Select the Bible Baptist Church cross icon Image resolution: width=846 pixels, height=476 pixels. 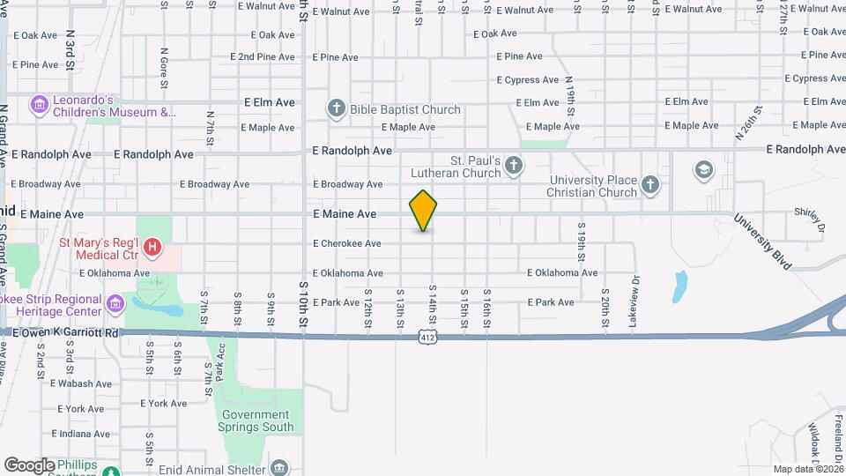336,109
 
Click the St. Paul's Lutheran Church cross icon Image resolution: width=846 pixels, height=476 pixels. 514,165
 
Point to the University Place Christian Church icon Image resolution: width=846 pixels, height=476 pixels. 650,183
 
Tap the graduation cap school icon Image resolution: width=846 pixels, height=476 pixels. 703,169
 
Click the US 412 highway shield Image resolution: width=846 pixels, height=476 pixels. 427,338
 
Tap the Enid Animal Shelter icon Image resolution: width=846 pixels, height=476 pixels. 279,466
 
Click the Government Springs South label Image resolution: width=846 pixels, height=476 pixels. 256,420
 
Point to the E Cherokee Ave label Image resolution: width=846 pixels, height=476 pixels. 347,243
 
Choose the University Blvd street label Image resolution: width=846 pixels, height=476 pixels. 764,241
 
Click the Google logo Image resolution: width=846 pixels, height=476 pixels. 29,465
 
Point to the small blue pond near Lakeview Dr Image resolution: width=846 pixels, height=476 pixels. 680,285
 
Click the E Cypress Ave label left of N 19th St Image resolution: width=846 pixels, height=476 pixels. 528,79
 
